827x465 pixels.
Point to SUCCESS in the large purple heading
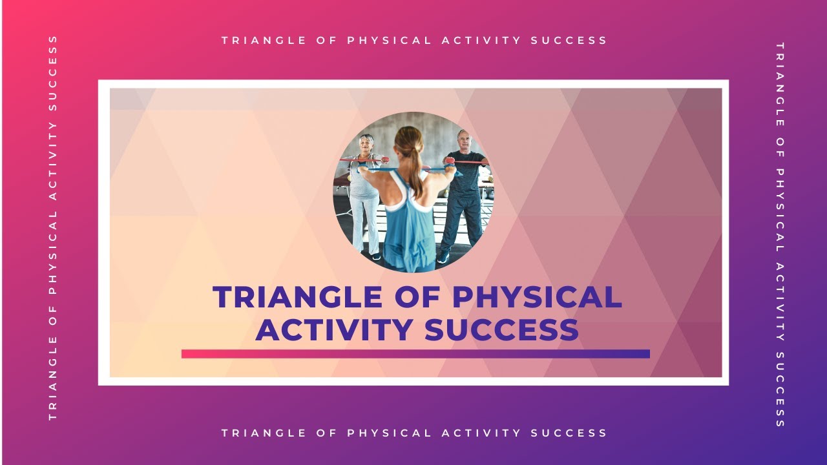[501, 329]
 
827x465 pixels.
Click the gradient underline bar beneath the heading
[415, 354]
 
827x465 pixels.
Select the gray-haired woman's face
[367, 145]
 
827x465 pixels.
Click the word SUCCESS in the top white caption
[569, 41]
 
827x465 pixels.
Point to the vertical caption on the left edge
[53, 228]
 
